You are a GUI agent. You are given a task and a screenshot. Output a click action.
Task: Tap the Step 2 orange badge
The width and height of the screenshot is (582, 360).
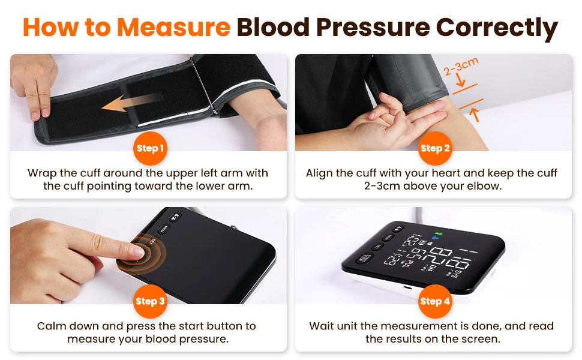click(434, 148)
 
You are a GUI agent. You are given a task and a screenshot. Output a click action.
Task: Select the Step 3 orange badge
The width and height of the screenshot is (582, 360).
click(149, 301)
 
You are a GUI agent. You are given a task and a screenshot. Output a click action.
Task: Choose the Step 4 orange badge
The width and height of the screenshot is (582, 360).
click(434, 301)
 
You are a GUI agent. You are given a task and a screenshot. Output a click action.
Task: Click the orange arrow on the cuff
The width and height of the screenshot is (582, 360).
click(131, 103)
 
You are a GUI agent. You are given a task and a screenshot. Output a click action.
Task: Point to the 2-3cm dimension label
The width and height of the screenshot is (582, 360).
click(461, 69)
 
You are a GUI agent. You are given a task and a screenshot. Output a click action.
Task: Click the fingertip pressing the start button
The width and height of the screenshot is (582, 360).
click(137, 252)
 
